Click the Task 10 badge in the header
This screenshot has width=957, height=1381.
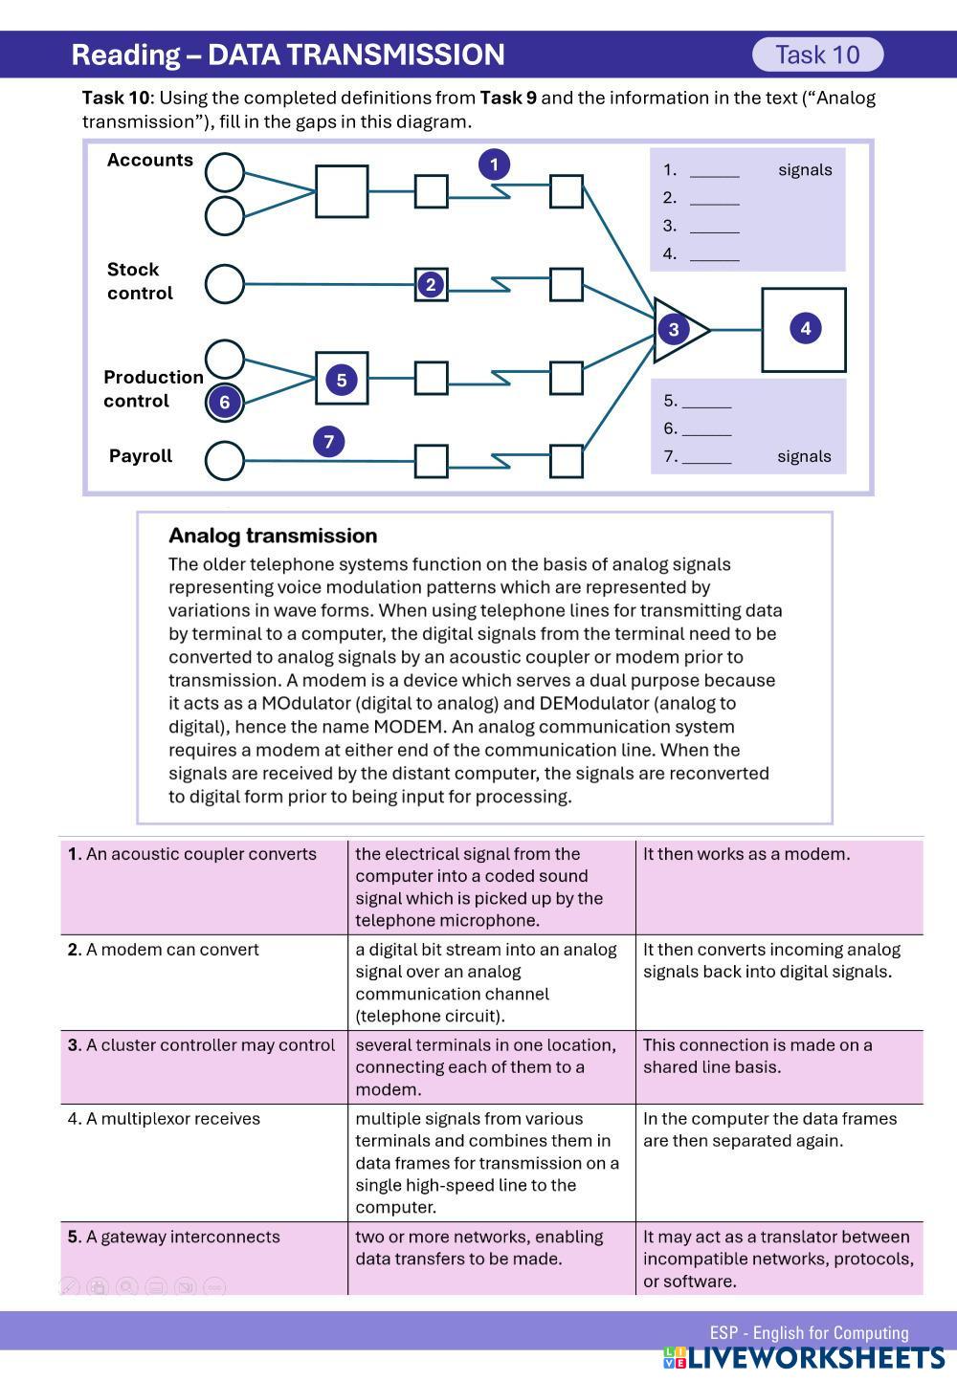click(817, 55)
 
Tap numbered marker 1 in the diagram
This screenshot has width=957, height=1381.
click(494, 164)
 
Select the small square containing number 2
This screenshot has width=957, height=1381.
click(431, 284)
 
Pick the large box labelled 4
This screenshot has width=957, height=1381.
click(804, 329)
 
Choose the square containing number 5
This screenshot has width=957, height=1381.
click(342, 379)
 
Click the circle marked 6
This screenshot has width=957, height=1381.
click(225, 402)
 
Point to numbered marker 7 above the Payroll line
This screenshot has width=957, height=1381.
click(328, 442)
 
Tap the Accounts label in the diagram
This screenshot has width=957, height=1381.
click(149, 160)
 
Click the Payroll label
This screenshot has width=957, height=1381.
click(141, 456)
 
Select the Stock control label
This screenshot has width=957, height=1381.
click(140, 281)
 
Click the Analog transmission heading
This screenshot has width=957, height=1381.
click(273, 536)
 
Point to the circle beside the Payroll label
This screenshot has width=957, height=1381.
click(225, 460)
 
